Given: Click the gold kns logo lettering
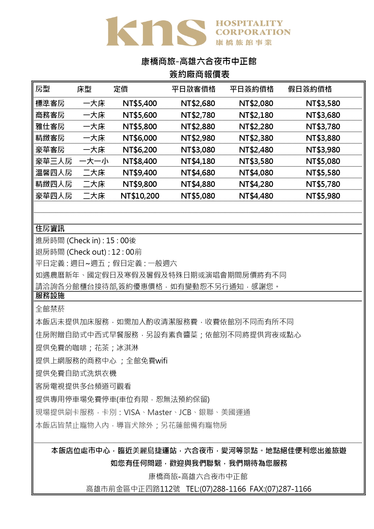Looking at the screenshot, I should click(x=156, y=32).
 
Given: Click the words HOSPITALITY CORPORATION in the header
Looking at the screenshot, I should click(x=253, y=28).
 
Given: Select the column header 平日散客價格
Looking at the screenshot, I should click(x=193, y=89).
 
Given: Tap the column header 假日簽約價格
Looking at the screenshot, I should click(x=310, y=89).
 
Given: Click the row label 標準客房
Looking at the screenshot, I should click(x=50, y=104).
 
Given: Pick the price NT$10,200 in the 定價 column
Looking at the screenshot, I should click(x=140, y=196).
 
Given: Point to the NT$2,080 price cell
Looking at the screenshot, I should click(x=256, y=104).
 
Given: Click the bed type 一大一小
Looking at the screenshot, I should click(x=94, y=162).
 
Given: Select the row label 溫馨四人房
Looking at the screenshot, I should click(x=54, y=173).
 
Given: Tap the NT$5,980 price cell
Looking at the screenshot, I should click(x=323, y=196).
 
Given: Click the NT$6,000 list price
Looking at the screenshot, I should click(x=140, y=138).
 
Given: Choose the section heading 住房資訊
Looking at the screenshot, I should click(x=50, y=229).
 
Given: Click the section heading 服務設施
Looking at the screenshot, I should click(x=50, y=296).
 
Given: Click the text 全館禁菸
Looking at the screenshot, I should click(x=50, y=309).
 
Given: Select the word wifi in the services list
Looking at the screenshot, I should click(x=162, y=361).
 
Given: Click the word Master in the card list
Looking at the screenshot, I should click(x=159, y=412).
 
